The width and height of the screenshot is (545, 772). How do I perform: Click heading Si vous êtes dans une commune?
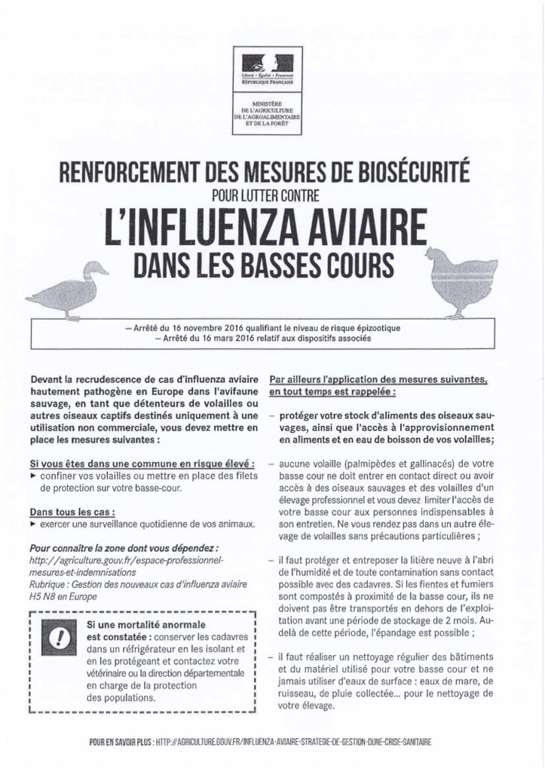[x=136, y=460]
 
